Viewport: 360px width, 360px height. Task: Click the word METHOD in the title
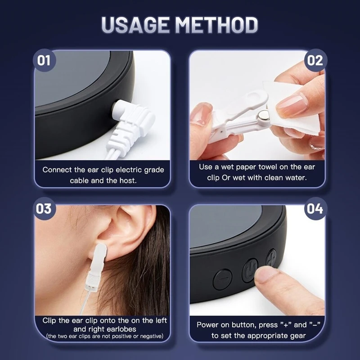coord(217,25)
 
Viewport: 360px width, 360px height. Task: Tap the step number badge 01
coord(44,59)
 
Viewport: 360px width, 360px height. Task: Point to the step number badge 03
coord(44,209)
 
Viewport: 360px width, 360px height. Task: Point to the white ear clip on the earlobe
coord(98,261)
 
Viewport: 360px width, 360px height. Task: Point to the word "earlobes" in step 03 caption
coord(123,329)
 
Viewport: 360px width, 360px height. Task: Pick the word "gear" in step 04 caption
coord(297,335)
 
